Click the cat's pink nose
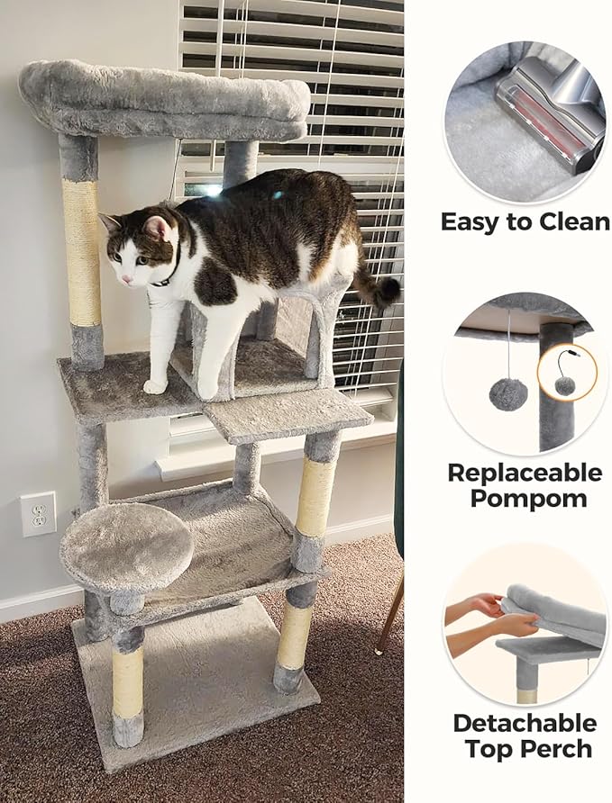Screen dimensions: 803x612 tap(123, 280)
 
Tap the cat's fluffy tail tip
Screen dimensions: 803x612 tap(387, 291)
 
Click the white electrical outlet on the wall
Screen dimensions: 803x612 tap(38, 514)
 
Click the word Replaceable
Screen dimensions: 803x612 tap(525, 473)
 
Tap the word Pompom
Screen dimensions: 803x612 tap(525, 499)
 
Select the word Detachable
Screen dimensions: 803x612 tap(525, 723)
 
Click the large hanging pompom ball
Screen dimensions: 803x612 tap(508, 393)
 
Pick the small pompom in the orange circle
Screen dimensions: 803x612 tap(565, 384)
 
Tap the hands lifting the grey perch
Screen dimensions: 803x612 tap(473, 621)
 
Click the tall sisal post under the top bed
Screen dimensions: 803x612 tap(82, 252)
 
